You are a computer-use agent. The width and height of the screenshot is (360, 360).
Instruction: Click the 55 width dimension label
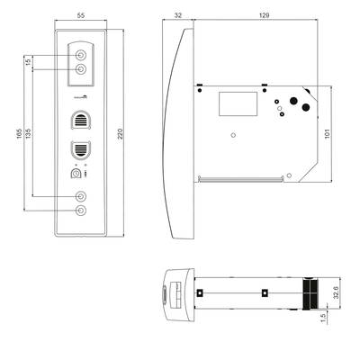[x=81, y=16]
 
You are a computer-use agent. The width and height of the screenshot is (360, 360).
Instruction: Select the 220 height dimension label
[x=120, y=133]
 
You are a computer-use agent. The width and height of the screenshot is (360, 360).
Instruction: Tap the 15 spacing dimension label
[x=28, y=62]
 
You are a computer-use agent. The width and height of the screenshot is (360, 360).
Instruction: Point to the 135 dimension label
[x=28, y=133]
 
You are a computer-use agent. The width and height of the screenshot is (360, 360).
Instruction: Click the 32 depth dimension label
[x=178, y=15]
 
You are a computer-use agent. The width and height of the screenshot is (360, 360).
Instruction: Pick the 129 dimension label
[x=264, y=15]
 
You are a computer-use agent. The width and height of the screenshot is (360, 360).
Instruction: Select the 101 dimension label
[x=327, y=133]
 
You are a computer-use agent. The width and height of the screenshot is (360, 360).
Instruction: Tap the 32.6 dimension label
[x=336, y=292]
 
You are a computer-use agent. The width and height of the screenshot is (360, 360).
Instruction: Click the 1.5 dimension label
[x=323, y=319]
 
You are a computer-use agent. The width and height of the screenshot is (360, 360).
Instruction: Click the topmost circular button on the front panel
[x=81, y=56]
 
